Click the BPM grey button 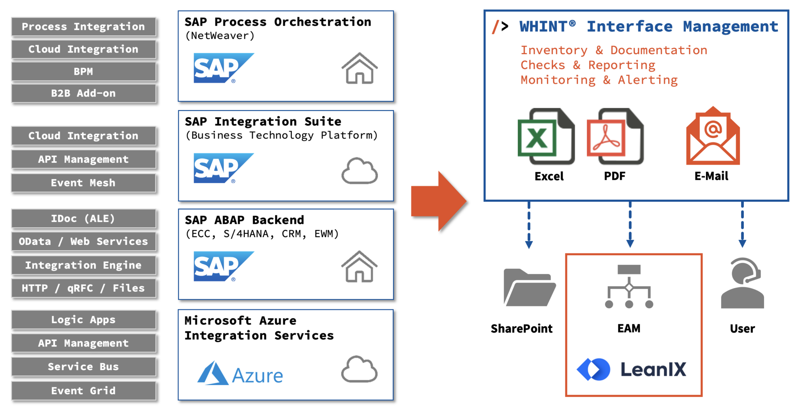(83, 72)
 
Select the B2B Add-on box (83, 93)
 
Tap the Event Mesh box (83, 183)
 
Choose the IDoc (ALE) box (83, 219)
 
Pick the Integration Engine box (83, 265)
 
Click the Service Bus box (83, 367)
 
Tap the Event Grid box (83, 391)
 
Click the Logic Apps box (83, 320)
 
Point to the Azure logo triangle (212, 374)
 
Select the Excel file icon (546, 137)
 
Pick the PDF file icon (615, 137)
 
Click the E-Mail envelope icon (713, 136)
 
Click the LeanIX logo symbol (593, 369)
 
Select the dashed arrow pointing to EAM (630, 225)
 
